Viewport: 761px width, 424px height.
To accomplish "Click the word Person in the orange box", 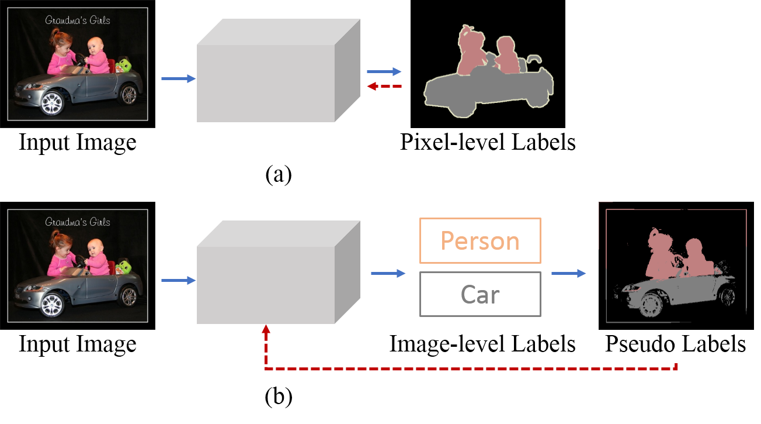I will (x=480, y=241).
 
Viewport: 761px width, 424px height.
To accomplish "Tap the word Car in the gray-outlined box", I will (x=480, y=295).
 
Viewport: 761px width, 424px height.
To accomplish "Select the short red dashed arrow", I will (x=384, y=87).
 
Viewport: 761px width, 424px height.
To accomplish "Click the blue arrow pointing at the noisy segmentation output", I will (x=569, y=273).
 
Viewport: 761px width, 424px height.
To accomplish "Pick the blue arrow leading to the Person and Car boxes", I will (x=388, y=273).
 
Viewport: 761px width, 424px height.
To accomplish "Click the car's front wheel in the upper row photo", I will (x=52, y=104).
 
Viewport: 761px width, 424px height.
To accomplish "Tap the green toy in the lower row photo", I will (x=123, y=267).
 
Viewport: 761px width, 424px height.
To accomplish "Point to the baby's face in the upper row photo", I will (x=94, y=47).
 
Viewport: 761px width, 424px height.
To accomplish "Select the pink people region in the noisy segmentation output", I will (x=672, y=257).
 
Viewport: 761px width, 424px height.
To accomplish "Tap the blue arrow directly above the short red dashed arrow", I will (x=384, y=71).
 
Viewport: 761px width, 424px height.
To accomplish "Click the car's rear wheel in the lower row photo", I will (x=128, y=296).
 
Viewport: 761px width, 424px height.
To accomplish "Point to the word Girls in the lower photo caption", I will (x=98, y=222).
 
